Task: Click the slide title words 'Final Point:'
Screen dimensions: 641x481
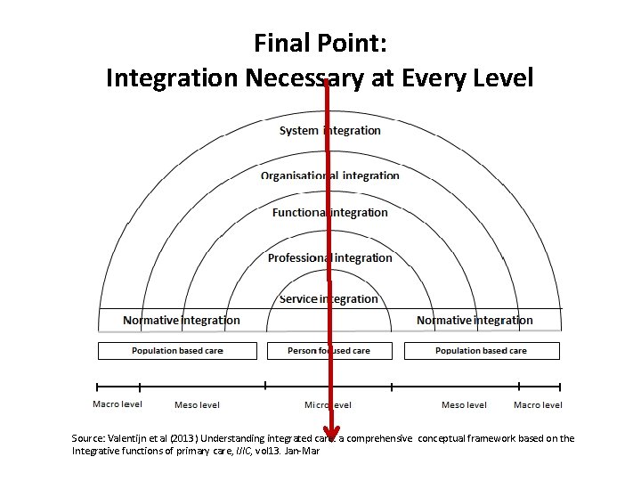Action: pos(320,42)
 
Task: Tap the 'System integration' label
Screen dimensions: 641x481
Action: pos(329,131)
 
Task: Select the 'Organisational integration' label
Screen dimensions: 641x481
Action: pos(329,175)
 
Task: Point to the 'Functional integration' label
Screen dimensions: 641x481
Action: pos(329,213)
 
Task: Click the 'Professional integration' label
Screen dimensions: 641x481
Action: pos(329,258)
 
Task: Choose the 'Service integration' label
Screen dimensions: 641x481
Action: pos(329,299)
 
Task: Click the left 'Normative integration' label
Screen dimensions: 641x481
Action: pos(182,321)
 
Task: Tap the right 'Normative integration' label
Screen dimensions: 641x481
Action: pos(475,321)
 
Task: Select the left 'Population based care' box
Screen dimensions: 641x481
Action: pos(177,351)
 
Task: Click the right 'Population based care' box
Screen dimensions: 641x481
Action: pos(482,351)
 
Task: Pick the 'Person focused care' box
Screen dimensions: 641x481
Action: pos(329,351)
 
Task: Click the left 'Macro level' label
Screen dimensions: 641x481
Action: pos(118,404)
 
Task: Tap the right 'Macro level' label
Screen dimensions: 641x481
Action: pos(538,405)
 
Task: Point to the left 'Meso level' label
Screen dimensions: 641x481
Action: pos(197,405)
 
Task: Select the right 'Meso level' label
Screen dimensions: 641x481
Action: pos(464,405)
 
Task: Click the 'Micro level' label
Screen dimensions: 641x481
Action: pos(328,405)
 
